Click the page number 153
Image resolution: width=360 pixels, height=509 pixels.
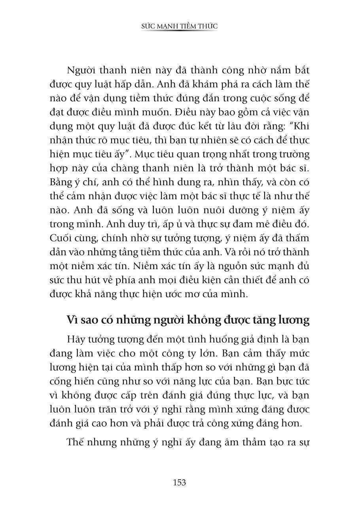[x=180, y=482]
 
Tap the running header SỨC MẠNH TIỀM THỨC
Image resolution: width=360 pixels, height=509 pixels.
[x=180, y=26]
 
